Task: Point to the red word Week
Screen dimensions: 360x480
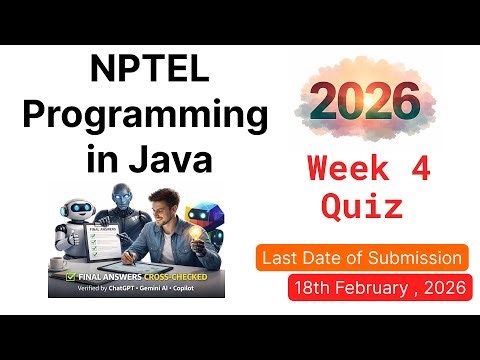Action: [348, 168]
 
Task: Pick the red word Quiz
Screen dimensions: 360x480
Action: [362, 206]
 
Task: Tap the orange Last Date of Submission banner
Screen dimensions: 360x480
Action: [362, 258]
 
